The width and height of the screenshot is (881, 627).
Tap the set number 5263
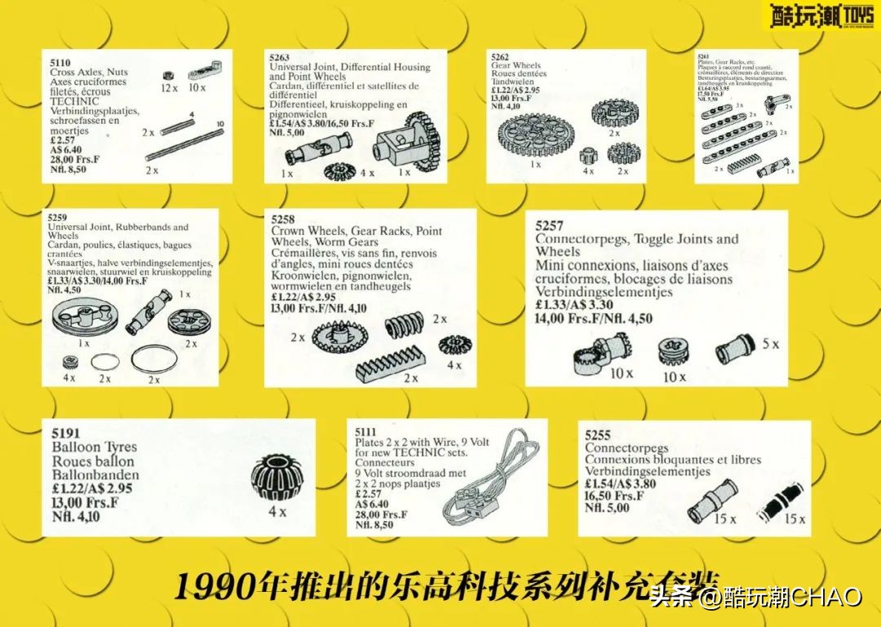[x=280, y=58]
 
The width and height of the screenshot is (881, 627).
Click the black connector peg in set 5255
[x=776, y=503]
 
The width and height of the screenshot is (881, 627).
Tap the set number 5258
[x=285, y=219]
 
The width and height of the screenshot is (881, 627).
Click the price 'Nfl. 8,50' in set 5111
[x=374, y=525]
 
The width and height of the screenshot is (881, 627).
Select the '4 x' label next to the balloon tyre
[x=278, y=512]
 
